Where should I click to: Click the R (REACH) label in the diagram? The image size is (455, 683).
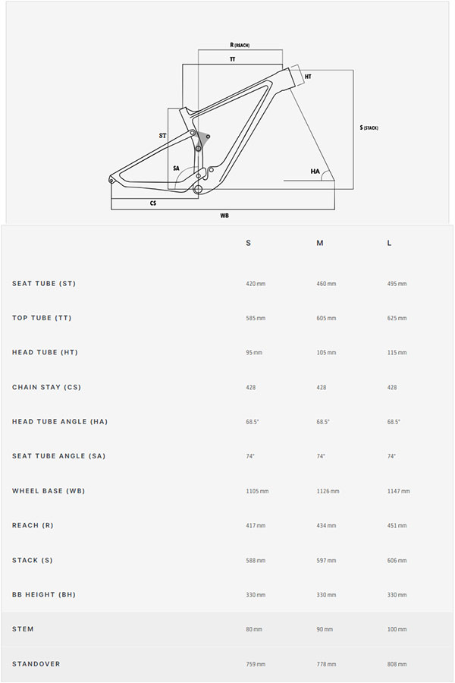tap(239, 46)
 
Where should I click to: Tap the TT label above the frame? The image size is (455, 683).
tap(232, 59)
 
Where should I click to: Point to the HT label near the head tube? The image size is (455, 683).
tap(308, 77)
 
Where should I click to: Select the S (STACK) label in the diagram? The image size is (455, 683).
tap(369, 127)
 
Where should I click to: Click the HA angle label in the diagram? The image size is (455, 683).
tap(315, 172)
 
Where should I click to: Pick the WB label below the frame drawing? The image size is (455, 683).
tap(224, 216)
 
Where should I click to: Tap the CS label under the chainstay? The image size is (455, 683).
tap(153, 203)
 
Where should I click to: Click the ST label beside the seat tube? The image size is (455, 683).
tap(162, 136)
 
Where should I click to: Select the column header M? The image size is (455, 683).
tap(320, 243)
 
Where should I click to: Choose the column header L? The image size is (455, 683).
tap(390, 243)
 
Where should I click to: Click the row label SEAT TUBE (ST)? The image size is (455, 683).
tap(44, 284)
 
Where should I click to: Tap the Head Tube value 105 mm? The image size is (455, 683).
tap(326, 353)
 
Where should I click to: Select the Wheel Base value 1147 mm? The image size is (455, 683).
tap(398, 491)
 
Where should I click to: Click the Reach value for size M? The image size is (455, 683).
tap(326, 525)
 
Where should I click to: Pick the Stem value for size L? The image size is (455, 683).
tap(397, 629)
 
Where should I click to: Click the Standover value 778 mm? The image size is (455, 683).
tap(326, 664)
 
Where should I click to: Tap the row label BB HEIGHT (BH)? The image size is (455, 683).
tap(44, 594)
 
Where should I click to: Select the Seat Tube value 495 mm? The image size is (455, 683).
tap(397, 284)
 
